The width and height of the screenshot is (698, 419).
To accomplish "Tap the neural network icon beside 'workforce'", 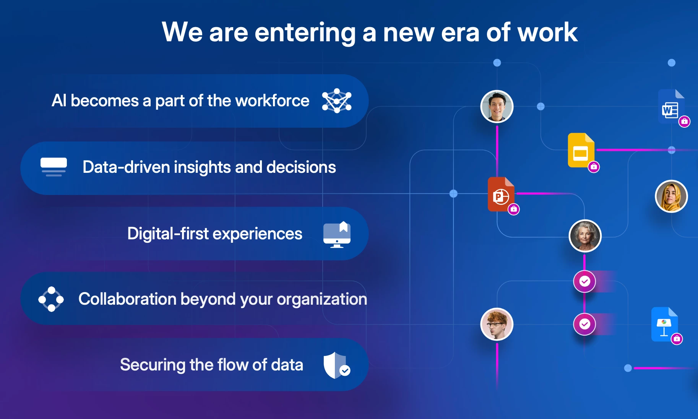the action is pyautogui.click(x=336, y=101).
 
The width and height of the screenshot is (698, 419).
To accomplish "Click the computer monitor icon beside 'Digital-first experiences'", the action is pyautogui.click(x=337, y=234).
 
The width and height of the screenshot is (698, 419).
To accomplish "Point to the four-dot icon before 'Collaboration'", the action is pyautogui.click(x=51, y=299).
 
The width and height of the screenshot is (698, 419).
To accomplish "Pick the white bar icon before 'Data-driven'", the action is pyautogui.click(x=54, y=167).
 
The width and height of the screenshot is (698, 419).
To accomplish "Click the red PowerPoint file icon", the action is pyautogui.click(x=501, y=194).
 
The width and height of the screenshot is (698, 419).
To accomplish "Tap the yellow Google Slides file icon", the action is pyautogui.click(x=581, y=150).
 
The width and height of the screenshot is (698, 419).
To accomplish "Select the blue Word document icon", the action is pyautogui.click(x=671, y=106).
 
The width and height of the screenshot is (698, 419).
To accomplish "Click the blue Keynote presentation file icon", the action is pyautogui.click(x=665, y=324).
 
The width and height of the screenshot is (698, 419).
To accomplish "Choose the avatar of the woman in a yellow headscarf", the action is pyautogui.click(x=671, y=196).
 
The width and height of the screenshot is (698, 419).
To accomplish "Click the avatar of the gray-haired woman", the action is pyautogui.click(x=585, y=236).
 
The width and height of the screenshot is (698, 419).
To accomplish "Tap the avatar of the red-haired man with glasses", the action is pyautogui.click(x=497, y=324).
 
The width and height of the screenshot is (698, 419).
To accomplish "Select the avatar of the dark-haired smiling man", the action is pyautogui.click(x=497, y=106).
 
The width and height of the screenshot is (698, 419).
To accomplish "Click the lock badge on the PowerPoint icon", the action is pyautogui.click(x=514, y=209).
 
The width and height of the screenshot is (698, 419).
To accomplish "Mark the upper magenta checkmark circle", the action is pyautogui.click(x=584, y=281).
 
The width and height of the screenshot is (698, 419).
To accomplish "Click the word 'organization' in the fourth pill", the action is pyautogui.click(x=322, y=299).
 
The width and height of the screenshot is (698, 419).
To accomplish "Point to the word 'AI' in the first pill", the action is pyautogui.click(x=59, y=101).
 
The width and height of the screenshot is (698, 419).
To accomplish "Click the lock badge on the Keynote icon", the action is pyautogui.click(x=677, y=339).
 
